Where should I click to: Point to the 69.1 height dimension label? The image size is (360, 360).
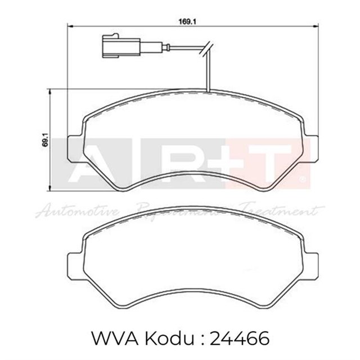tap(44, 139)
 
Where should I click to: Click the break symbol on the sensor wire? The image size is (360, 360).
tap(208, 49)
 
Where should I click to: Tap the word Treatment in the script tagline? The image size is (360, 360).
tap(281, 211)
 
